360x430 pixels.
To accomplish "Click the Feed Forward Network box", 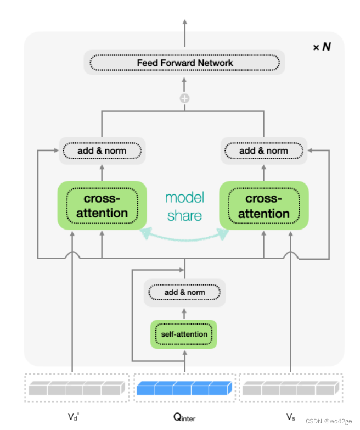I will coord(184,63).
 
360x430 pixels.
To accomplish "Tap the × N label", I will coord(322,47).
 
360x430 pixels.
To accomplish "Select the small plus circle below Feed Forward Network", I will coord(184,98).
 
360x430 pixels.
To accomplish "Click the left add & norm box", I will coord(102,150).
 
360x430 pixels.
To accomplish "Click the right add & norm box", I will coord(264,150).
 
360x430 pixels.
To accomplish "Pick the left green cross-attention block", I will coord(102,205).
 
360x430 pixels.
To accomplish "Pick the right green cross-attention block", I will coord(264,205).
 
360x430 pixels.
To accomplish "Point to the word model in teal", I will coord(184,198).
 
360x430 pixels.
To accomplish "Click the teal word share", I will coord(184,216).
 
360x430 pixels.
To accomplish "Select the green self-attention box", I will coord(184,334).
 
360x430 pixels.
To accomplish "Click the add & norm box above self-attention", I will coord(184,292).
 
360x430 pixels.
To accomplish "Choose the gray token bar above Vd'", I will coord(75,389).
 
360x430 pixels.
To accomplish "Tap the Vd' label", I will coord(74,416).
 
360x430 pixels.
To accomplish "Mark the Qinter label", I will coord(185,417).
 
